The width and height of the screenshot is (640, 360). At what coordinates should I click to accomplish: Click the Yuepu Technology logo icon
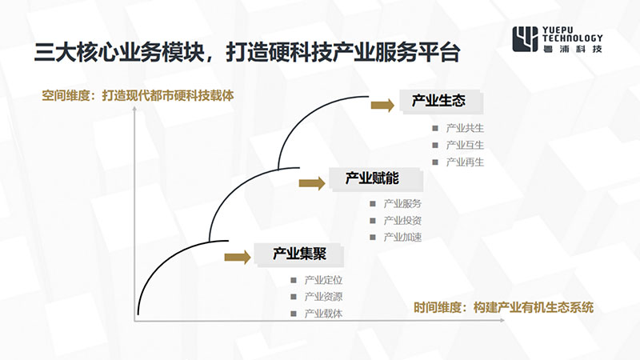click(525, 38)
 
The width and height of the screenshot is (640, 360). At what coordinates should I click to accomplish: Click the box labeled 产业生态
click(441, 102)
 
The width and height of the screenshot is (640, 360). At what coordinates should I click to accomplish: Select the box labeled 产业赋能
click(375, 178)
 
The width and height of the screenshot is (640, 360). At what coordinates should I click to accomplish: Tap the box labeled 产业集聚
click(298, 254)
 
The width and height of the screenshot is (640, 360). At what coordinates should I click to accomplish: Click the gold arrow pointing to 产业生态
click(382, 106)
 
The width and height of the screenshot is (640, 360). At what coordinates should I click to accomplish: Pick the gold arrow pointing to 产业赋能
click(312, 183)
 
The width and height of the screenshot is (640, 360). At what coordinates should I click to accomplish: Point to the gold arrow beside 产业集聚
click(238, 257)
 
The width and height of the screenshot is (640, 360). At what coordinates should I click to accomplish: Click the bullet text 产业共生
click(465, 128)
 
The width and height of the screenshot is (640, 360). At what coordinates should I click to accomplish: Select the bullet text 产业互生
click(465, 146)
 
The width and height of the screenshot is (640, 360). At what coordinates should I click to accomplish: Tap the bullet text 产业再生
click(465, 162)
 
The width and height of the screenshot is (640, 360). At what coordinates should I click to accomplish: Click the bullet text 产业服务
click(402, 204)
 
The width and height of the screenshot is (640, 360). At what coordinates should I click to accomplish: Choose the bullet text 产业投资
click(402, 221)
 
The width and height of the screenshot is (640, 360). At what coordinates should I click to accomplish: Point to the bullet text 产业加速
click(402, 237)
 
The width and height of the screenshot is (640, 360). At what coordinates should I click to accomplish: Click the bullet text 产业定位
click(323, 280)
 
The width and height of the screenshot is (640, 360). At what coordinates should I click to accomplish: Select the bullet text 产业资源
click(323, 297)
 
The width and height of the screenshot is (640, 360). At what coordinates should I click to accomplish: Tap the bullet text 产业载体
click(323, 314)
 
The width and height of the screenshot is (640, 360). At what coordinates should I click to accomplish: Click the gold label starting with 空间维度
click(138, 95)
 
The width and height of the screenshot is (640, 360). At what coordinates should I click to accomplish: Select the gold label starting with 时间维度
click(504, 307)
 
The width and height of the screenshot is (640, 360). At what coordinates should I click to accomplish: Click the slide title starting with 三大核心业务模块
click(247, 52)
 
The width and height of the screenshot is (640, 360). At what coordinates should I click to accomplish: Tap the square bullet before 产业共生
click(435, 128)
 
